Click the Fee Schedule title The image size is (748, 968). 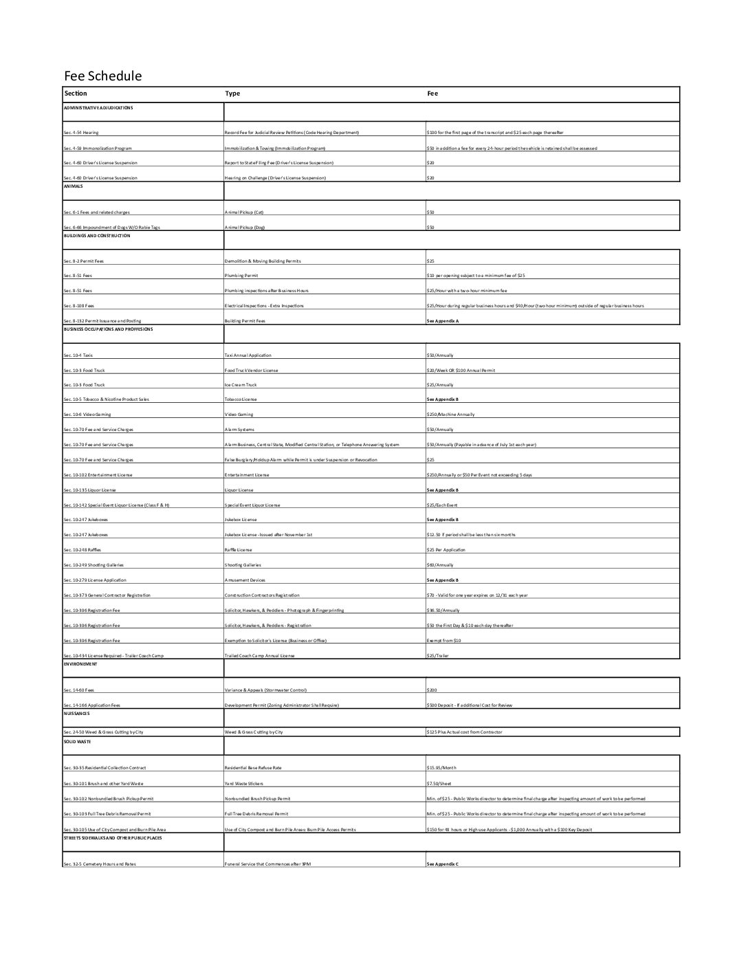(x=102, y=76)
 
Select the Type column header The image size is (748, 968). (x=232, y=93)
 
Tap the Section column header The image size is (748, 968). (x=76, y=93)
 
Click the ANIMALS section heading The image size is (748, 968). (x=73, y=186)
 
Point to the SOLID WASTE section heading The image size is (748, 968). (x=77, y=742)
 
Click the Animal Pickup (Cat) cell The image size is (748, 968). (x=245, y=212)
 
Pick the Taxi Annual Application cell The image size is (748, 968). (x=248, y=355)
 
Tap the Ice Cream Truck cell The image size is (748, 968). (x=242, y=385)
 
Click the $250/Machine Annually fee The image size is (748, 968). (x=450, y=415)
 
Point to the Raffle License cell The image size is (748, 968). (x=239, y=550)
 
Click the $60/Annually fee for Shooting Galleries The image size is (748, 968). (x=440, y=565)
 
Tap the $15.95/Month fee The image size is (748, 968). (x=441, y=768)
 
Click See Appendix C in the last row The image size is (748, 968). (x=443, y=863)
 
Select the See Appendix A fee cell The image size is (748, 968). (x=443, y=321)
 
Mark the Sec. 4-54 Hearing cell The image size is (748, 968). (x=81, y=133)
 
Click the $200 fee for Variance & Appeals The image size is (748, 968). (x=432, y=690)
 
